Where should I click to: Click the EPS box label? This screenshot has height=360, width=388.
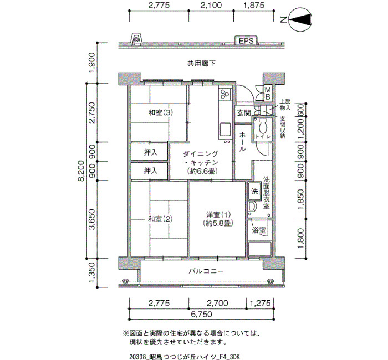point(246,41)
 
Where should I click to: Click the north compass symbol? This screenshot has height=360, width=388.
point(300,20)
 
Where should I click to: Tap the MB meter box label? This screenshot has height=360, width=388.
point(268,92)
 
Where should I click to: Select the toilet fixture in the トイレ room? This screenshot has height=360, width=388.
point(262,126)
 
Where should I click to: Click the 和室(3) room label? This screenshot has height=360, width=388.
point(160,113)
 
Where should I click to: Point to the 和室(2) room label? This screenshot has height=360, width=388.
point(160,219)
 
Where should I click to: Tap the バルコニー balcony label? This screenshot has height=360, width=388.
point(206,271)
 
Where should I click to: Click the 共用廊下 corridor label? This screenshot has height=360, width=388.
point(201,64)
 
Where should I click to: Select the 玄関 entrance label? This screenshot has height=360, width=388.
point(244,113)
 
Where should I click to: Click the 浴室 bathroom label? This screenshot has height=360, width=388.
point(259,230)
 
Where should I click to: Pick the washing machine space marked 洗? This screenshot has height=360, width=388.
point(254,191)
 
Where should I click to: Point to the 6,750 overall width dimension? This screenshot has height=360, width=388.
point(201,314)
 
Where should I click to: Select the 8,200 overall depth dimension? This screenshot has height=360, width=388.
point(81,171)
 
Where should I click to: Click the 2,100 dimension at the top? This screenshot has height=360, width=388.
point(211,5)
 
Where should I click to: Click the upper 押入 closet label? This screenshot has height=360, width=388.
point(150,152)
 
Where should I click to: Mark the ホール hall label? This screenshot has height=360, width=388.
point(242,142)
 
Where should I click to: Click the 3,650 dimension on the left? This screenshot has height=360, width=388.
point(92,219)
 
